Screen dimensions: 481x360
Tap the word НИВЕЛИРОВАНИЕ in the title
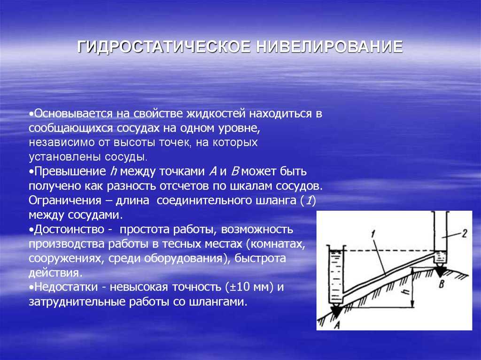click(x=329, y=46)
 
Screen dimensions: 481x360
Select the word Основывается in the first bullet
click(x=73, y=114)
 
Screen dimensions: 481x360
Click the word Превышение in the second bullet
click(x=70, y=171)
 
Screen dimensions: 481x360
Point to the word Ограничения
click(x=65, y=200)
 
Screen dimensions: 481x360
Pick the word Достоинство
click(x=69, y=230)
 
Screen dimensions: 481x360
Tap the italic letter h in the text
click(x=113, y=171)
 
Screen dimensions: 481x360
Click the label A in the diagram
click(x=337, y=324)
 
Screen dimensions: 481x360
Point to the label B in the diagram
click(x=442, y=283)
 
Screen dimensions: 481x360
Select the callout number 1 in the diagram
click(x=373, y=234)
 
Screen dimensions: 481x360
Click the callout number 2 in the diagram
click(x=465, y=234)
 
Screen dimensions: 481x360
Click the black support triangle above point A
click(x=336, y=311)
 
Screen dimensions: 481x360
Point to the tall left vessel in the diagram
click(x=336, y=275)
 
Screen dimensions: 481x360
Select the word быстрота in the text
click(x=260, y=258)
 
